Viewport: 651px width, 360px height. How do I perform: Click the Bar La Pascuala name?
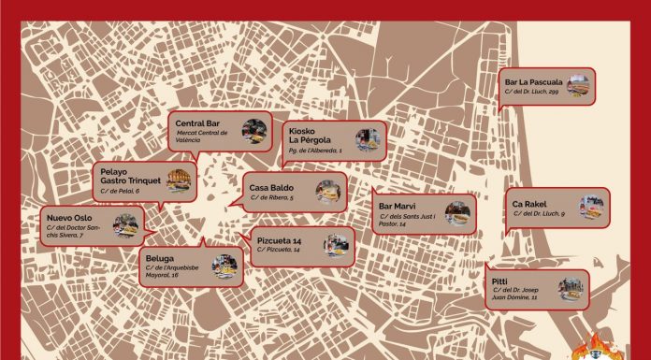click(x=534, y=81)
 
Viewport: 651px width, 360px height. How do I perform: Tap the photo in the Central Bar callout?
click(x=253, y=132)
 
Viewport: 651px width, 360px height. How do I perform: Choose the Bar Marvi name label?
click(x=398, y=207)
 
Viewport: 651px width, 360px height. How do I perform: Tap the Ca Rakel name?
click(x=529, y=204)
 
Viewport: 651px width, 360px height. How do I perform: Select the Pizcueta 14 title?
click(x=279, y=241)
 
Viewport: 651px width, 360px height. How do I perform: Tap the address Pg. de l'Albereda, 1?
click(x=315, y=151)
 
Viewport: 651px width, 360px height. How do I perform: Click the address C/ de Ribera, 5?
click(x=272, y=199)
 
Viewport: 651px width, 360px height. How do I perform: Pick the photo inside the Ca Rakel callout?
click(x=591, y=208)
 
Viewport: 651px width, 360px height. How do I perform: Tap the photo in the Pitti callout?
click(x=571, y=286)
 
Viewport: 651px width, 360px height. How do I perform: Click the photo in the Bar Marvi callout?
click(x=459, y=213)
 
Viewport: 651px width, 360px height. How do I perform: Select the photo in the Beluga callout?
click(x=224, y=266)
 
